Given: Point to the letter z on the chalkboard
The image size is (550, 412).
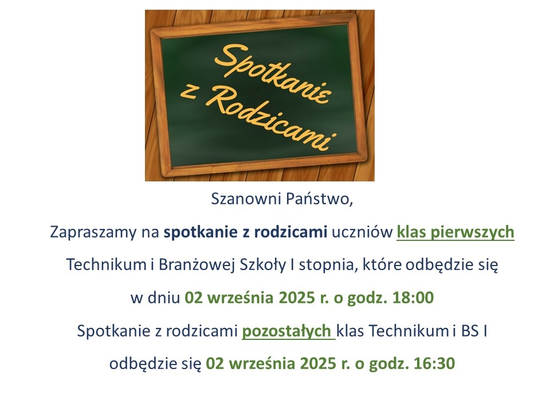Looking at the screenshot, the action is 188,92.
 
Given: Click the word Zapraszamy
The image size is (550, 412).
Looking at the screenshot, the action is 93,232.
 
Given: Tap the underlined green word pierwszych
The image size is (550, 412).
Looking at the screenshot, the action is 472,232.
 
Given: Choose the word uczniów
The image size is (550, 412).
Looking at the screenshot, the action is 362,232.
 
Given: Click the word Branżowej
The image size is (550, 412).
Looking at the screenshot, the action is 197,265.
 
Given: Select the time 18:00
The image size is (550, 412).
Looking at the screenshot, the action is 413,298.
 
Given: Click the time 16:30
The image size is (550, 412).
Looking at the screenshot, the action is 434,363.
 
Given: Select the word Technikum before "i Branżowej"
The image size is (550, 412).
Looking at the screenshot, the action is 107,265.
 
